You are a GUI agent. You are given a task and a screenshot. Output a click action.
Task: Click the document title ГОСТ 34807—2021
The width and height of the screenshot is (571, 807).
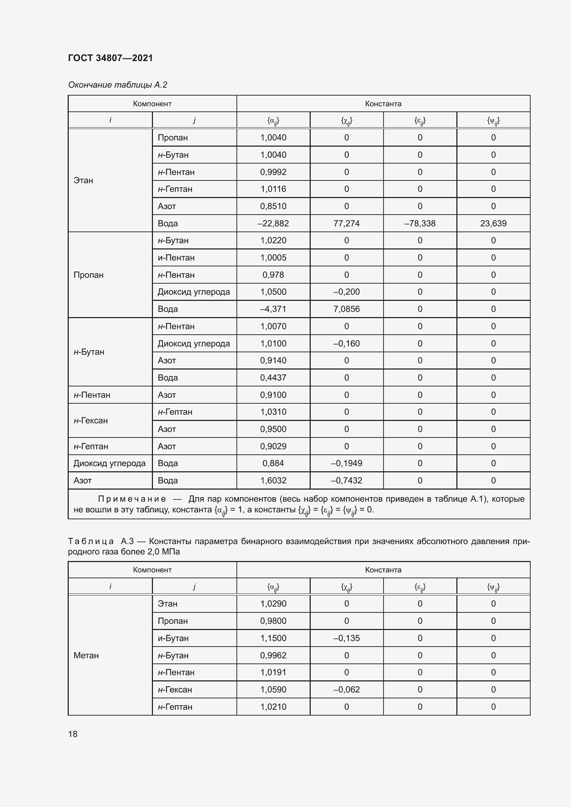point(110,58)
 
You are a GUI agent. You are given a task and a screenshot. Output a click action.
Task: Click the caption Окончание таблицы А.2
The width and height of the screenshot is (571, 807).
point(117,85)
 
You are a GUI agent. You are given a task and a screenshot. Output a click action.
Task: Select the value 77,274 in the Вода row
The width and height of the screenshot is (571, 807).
point(346,224)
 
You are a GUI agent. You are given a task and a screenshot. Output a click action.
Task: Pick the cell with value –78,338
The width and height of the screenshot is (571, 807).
point(420,224)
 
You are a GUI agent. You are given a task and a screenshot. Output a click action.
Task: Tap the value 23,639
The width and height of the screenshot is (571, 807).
point(493,224)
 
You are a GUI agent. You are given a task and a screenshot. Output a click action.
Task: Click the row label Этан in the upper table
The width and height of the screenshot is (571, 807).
point(83,180)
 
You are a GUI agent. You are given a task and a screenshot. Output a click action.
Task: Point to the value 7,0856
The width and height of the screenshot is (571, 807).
point(346,309)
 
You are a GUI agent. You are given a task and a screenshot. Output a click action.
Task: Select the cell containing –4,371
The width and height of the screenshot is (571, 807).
point(273,309)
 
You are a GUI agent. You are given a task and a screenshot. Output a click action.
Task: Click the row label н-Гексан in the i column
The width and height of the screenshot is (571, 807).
point(91,421)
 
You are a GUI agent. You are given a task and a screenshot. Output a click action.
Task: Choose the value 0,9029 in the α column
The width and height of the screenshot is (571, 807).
point(273,446)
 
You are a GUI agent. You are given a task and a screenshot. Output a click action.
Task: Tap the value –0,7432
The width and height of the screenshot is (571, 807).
point(346,481)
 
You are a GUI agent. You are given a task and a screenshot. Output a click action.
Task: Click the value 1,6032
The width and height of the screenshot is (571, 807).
point(273,481)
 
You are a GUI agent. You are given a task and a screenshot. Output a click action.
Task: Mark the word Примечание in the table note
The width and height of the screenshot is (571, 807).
point(132,499)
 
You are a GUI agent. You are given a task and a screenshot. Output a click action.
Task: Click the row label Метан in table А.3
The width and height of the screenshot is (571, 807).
point(86,655)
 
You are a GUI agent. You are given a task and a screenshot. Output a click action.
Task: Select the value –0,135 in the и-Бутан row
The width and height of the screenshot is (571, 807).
point(346,638)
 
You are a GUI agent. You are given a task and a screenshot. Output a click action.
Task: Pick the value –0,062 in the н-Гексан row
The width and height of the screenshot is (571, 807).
point(346,689)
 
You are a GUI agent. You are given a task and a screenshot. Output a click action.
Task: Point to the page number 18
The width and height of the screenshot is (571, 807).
point(73,734)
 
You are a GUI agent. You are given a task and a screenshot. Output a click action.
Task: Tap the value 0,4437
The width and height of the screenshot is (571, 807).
point(273,378)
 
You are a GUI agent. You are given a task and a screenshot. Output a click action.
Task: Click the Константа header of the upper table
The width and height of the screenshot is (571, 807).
point(383,104)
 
